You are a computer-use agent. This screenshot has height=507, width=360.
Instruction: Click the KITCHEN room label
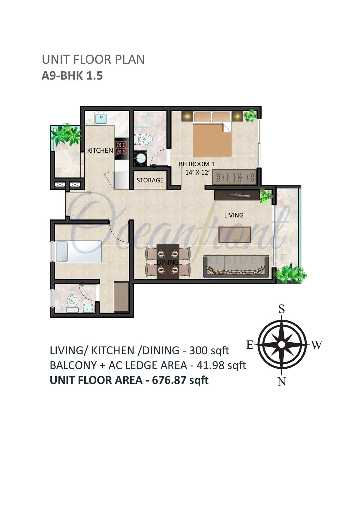tap(100, 151)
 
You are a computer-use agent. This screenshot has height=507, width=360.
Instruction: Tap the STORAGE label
tap(150, 180)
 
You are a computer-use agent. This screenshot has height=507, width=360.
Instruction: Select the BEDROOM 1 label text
tap(196, 164)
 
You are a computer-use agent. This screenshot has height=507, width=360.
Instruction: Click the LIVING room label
tap(234, 215)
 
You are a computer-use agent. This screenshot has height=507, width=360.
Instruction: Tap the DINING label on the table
tap(168, 262)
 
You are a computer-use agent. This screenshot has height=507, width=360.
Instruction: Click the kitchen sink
tap(101, 118)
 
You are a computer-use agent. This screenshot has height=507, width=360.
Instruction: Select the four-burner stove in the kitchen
tap(122, 148)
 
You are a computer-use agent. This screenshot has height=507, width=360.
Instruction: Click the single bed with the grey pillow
tap(79, 251)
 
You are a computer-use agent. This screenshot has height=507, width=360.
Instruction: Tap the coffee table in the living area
tap(235, 235)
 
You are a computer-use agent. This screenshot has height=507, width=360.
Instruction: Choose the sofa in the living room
tap(236, 267)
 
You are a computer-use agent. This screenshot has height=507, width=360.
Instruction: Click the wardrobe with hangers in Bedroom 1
tap(234, 177)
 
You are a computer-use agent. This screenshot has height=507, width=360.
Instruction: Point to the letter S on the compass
tap(281, 309)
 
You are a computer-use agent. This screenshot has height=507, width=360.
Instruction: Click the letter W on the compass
tap(317, 345)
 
